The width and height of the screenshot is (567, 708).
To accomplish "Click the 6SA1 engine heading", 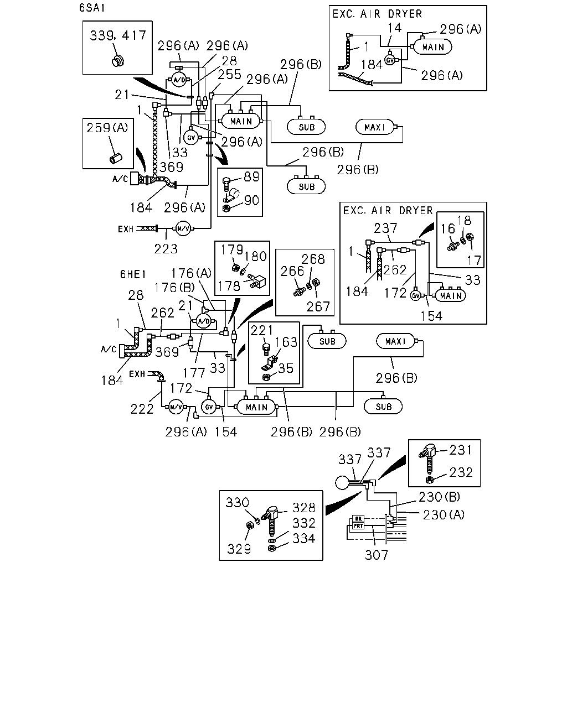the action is [x=92, y=8].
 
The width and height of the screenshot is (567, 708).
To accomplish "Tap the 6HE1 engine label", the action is [x=133, y=274].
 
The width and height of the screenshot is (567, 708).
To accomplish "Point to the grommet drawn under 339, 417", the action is [x=118, y=61].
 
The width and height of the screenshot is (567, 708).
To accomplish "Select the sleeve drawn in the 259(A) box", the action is [x=116, y=158].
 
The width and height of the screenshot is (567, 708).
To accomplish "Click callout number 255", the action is [x=230, y=75].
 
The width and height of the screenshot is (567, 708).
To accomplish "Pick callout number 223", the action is [x=166, y=249].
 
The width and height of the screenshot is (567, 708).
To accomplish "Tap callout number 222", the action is [x=142, y=409].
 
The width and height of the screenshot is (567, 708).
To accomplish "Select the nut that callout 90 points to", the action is [x=226, y=209].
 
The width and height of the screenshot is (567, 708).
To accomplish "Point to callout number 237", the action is [x=385, y=228].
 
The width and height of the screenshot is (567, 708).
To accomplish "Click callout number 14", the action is [x=395, y=28].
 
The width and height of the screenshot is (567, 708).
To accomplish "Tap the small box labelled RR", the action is [x=358, y=519].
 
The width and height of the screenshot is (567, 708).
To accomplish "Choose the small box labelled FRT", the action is [x=358, y=525].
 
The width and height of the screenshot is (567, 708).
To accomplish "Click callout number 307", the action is [x=376, y=555].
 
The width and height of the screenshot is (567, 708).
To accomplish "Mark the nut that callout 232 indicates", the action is [x=429, y=480].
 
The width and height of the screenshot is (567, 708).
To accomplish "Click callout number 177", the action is [x=194, y=373].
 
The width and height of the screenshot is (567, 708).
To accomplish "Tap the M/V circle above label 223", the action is [x=183, y=228].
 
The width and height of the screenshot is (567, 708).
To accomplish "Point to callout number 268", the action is [x=313, y=259].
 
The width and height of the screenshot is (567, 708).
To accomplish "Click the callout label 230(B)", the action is [x=440, y=497].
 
